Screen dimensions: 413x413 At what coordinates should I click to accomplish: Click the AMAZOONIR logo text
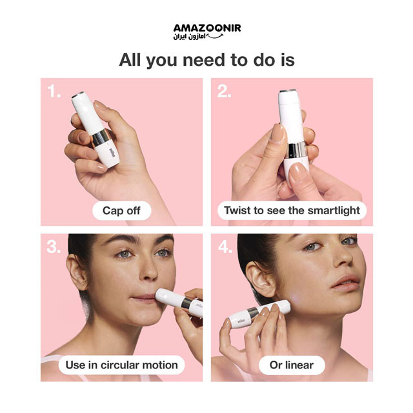tap(207, 28)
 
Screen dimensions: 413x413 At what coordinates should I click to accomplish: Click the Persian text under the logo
tap(189, 37)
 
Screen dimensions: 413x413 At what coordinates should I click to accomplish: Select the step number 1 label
tap(54, 92)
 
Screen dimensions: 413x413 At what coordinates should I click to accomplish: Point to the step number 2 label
tap(224, 92)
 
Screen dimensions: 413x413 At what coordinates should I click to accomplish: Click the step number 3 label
tap(54, 247)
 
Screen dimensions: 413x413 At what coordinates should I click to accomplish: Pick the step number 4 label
tap(225, 247)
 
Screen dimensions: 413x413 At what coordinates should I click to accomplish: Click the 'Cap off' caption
tap(121, 211)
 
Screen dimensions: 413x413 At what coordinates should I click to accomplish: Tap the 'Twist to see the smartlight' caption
tap(292, 210)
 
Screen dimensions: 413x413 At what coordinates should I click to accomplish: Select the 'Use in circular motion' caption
tap(121, 365)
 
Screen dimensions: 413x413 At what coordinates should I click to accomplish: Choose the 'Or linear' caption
tap(292, 365)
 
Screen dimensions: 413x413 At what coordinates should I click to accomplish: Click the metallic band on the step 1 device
tap(101, 138)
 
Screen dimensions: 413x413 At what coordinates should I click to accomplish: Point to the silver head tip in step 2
tap(287, 91)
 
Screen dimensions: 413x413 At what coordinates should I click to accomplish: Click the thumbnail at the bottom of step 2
tap(298, 172)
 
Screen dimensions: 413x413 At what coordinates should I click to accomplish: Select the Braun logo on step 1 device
tap(112, 153)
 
